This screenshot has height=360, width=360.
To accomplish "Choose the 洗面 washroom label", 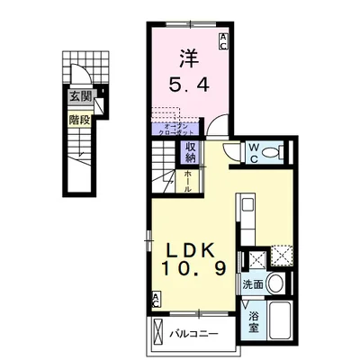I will coord(253,284).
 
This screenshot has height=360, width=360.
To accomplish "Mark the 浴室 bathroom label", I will coord(254,322).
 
